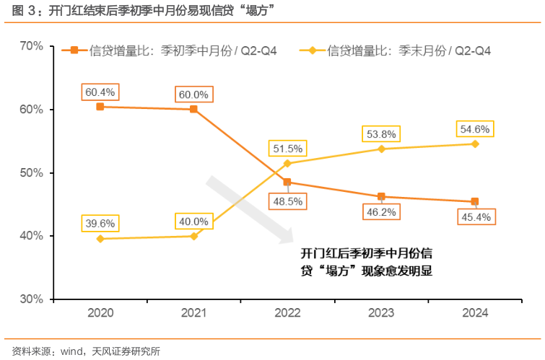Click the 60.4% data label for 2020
point(100,92)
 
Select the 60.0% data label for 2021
point(193,95)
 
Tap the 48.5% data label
point(287,201)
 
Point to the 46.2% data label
point(381,213)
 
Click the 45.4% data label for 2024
point(475,216)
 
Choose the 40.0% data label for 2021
point(193,221)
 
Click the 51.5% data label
point(287,149)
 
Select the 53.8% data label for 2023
point(381,133)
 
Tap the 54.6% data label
point(475,129)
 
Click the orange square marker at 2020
point(100,107)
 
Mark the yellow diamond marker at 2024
point(475,144)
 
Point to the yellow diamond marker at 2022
point(287,164)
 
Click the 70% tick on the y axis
point(32,46)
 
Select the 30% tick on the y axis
point(32,299)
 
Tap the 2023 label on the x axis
point(381,313)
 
